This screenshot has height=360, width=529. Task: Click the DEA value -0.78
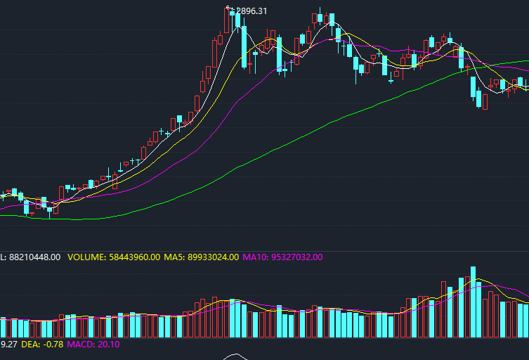tap(53, 344)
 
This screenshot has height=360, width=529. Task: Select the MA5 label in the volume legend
tap(174, 257)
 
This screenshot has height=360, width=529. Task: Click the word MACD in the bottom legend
tap(80, 344)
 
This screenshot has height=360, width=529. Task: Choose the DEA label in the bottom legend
tap(30, 344)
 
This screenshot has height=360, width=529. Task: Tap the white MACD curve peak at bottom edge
tap(237, 355)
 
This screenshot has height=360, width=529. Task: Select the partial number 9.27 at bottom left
tap(8, 344)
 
